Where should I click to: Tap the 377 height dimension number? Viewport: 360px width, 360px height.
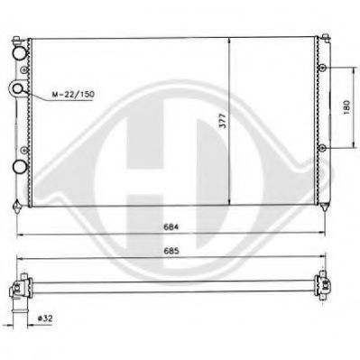[221, 123]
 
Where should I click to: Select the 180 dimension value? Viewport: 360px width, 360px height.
[346, 108]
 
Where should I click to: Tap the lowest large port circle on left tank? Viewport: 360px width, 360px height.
[20, 167]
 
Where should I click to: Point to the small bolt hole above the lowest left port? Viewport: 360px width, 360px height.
[19, 149]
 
